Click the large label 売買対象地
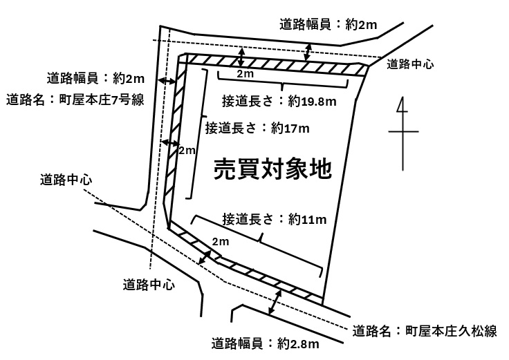pos(273,169)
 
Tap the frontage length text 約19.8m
pos(312,102)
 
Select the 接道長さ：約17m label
pos(257,129)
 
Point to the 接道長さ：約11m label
pos(275,220)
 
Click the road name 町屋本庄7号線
pos(102,100)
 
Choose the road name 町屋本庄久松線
pos(451,331)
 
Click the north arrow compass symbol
pos(403,133)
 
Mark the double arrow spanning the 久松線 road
pos(275,302)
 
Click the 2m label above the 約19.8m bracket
pos(245,74)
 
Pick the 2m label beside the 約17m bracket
pos(187,150)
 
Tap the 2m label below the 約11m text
pos(221,241)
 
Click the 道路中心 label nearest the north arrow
pos(410,64)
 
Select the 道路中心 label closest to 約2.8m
pos(149,285)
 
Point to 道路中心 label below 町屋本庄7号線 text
pos(66,180)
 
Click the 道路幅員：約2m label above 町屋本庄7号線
pos(95,79)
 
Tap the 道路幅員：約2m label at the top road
pos(328,25)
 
